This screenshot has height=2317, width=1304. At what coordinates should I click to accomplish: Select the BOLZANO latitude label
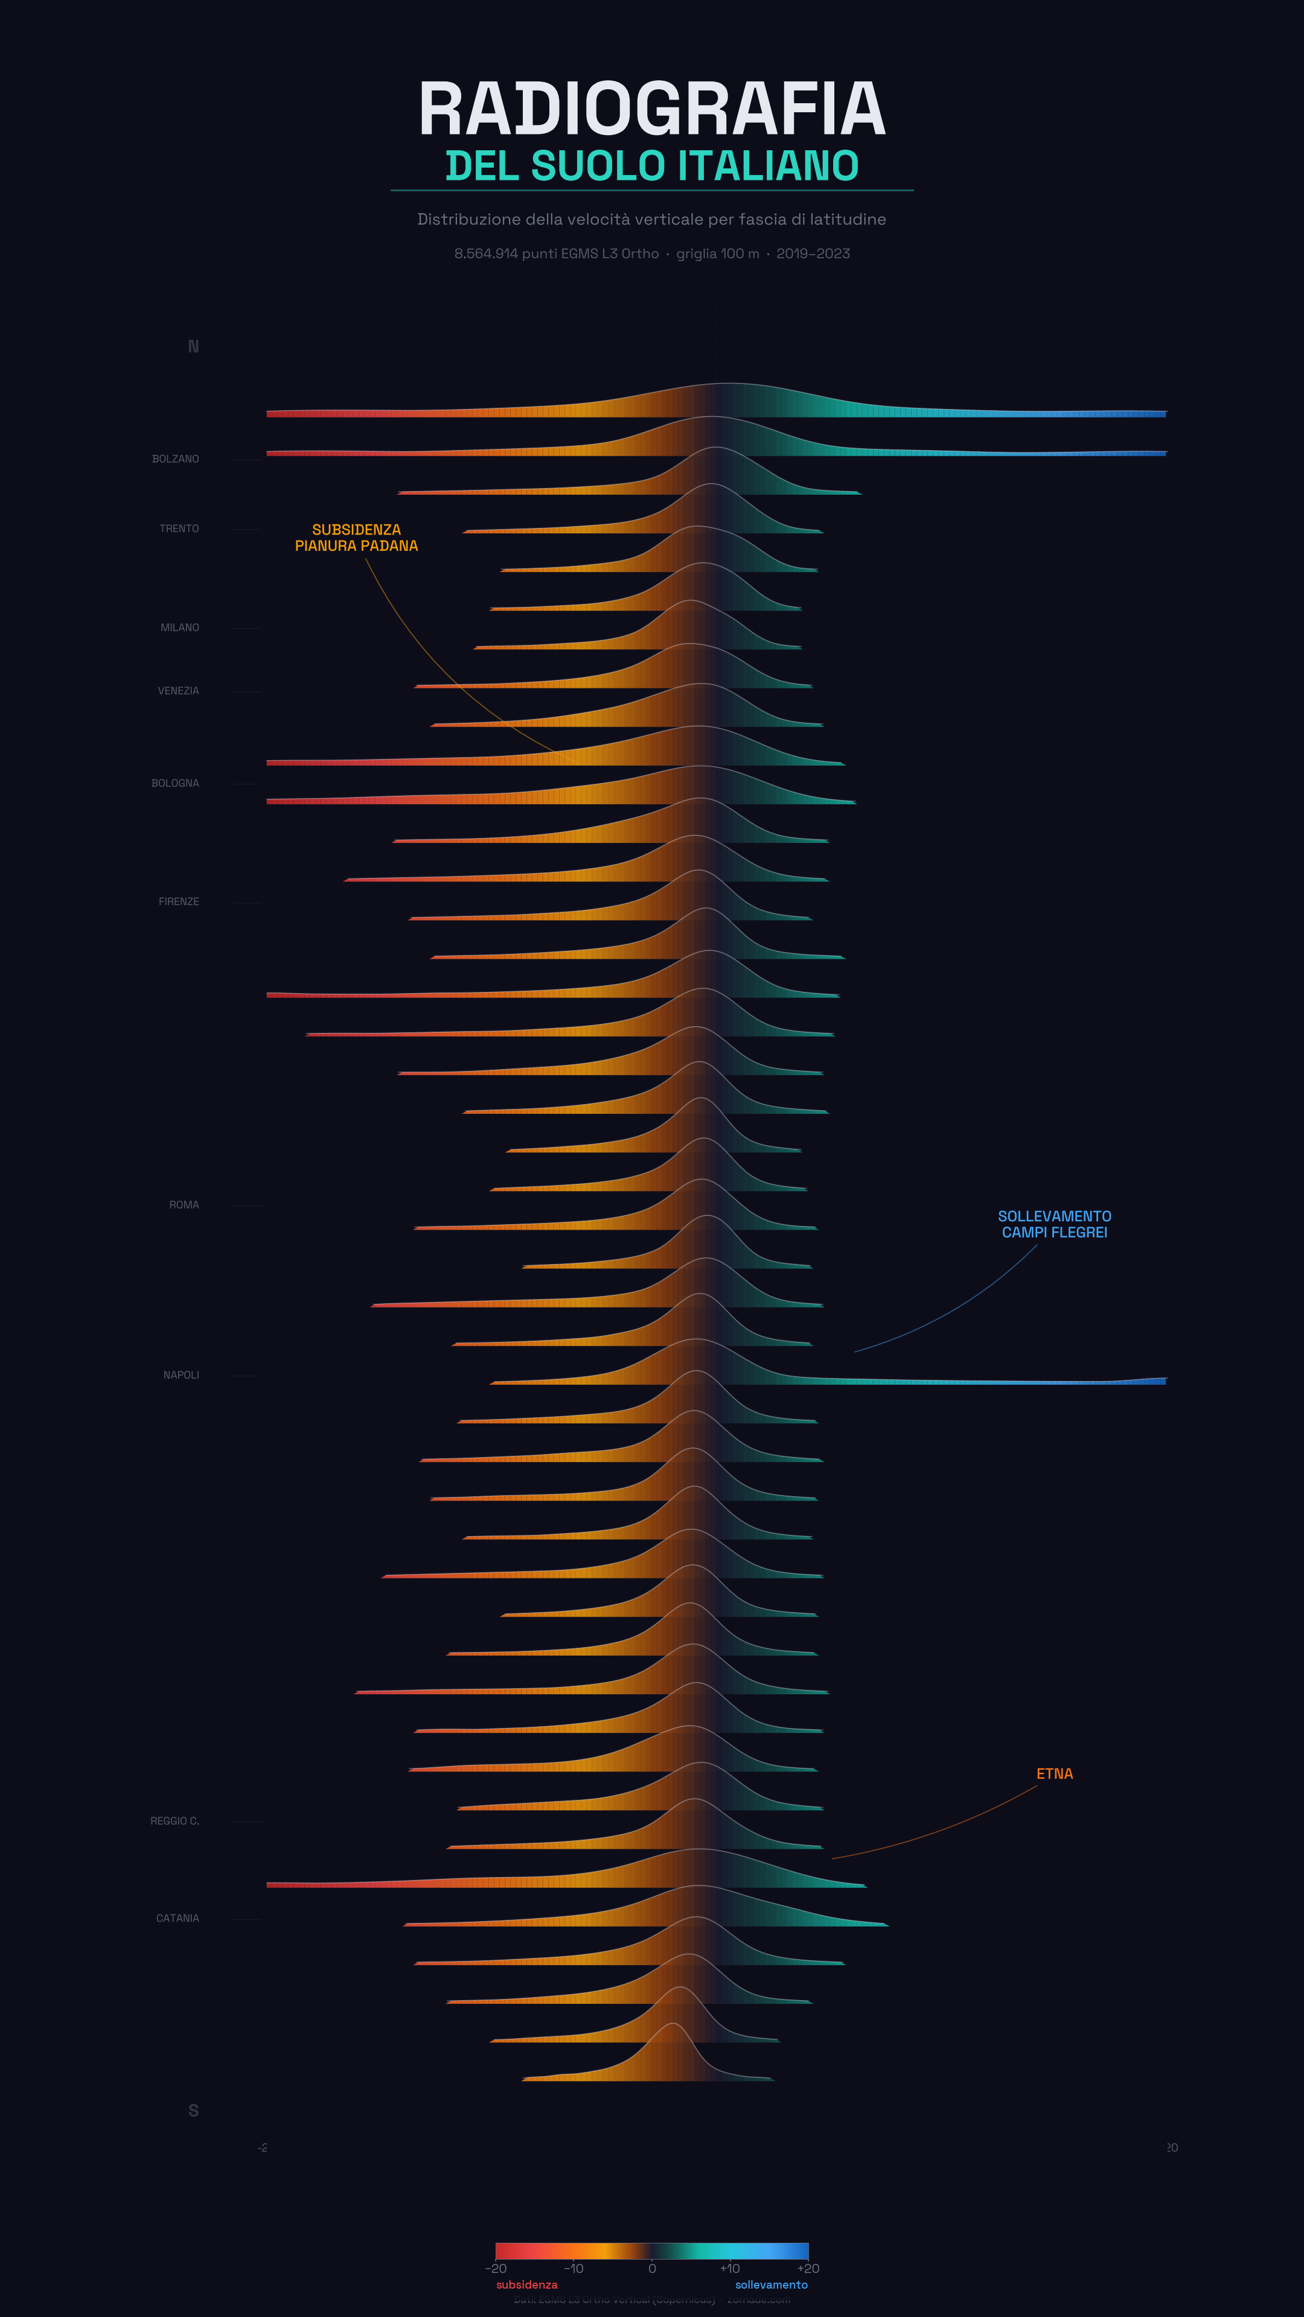pyautogui.click(x=176, y=459)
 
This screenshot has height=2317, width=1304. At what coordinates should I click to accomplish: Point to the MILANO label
pyautogui.click(x=180, y=628)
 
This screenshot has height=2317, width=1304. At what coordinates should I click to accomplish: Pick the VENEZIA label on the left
pyautogui.click(x=178, y=691)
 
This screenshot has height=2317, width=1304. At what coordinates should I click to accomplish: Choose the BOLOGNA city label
pyautogui.click(x=176, y=783)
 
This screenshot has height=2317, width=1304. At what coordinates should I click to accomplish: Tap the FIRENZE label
pyautogui.click(x=179, y=901)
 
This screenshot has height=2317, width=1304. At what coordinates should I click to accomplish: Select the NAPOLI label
pyautogui.click(x=181, y=1375)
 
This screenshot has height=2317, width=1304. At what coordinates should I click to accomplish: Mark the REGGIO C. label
pyautogui.click(x=174, y=1820)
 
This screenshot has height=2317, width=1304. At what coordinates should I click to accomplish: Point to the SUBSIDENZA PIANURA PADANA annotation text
pyautogui.click(x=356, y=538)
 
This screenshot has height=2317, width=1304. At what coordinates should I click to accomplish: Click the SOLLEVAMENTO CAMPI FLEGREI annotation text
pyautogui.click(x=1054, y=1224)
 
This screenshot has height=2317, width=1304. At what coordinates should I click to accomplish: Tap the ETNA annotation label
pyautogui.click(x=1054, y=1774)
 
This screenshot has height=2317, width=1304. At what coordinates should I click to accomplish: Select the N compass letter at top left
pyautogui.click(x=193, y=346)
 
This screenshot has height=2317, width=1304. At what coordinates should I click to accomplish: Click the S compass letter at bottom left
pyautogui.click(x=193, y=2110)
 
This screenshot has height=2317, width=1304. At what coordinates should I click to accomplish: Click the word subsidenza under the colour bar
pyautogui.click(x=526, y=2284)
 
